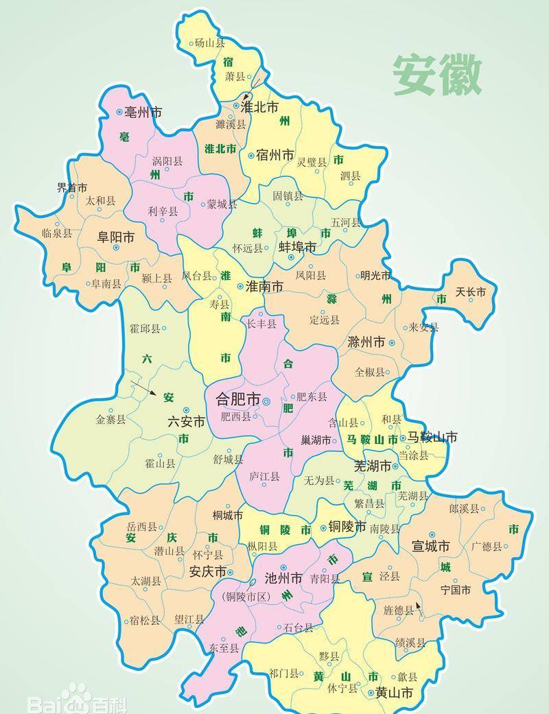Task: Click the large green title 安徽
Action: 437,75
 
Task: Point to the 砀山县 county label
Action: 209,43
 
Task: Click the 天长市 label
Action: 471,292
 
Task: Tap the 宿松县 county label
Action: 145,621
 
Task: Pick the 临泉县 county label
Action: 56,233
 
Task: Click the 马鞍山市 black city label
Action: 432,437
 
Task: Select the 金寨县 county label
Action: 110,419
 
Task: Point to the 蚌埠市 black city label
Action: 297,246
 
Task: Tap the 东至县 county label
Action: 224,647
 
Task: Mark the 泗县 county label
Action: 350,176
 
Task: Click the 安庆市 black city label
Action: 207,571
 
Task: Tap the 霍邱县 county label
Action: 144,329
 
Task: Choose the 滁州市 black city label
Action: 366,342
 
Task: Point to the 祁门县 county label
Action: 283,673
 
